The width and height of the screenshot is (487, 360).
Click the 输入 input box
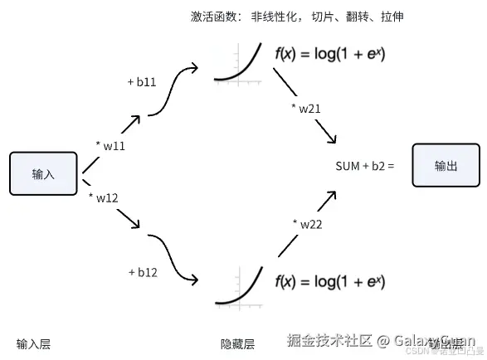[x=43, y=173]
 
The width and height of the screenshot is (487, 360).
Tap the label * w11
[x=110, y=146]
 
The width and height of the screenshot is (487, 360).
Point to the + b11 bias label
[x=142, y=83]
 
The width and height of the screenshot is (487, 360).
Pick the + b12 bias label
[x=144, y=271]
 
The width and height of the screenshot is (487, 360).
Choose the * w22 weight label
[x=307, y=223]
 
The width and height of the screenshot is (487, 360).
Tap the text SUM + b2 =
[x=365, y=166]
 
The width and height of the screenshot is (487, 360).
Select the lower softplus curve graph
[x=238, y=286]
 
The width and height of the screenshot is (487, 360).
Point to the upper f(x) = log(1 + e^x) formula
[x=329, y=55]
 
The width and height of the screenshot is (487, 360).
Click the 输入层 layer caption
[x=33, y=343]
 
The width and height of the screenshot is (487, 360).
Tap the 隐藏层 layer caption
[x=237, y=343]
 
